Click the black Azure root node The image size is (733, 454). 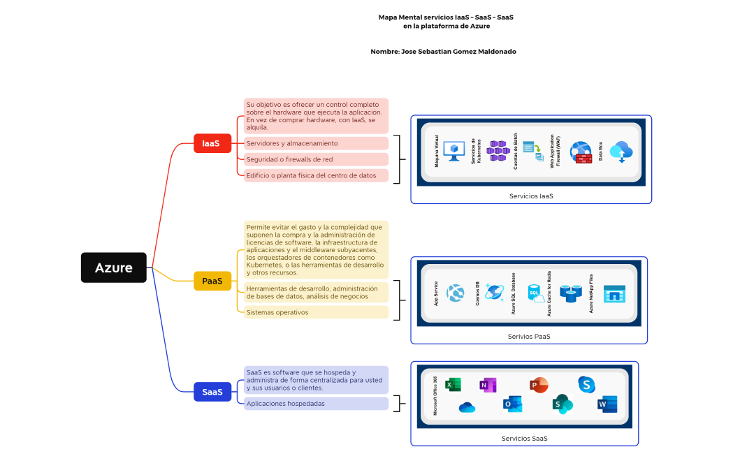[x=113, y=268]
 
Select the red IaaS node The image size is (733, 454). [x=212, y=143]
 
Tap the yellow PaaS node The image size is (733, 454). [x=212, y=281]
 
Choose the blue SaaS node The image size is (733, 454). [x=212, y=392]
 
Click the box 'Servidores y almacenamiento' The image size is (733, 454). [x=316, y=143]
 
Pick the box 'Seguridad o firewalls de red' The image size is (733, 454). [x=316, y=159]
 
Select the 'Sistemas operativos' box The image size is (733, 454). [x=316, y=312]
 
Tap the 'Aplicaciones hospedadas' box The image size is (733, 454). [x=316, y=404]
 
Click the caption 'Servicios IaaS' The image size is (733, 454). [x=531, y=196]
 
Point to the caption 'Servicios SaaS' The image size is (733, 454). [x=524, y=439]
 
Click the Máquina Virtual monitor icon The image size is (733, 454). [x=454, y=151]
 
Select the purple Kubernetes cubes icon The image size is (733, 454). [x=498, y=150]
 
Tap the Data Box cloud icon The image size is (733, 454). [x=620, y=151]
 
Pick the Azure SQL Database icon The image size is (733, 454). [x=535, y=293]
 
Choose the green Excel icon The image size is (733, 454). [x=453, y=384]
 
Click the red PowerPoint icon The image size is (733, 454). [x=539, y=385]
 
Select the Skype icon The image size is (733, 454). [x=586, y=384]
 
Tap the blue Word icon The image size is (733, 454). [x=607, y=404]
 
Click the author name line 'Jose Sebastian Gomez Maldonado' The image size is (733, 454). [x=443, y=52]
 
